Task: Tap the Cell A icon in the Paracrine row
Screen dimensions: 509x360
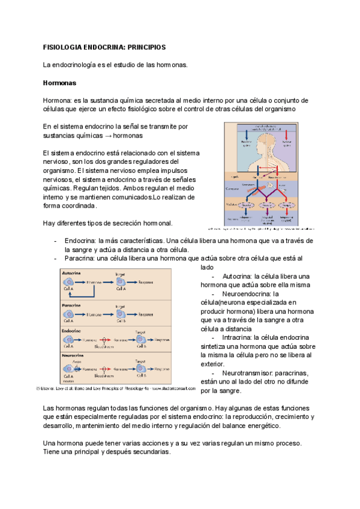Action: (x=70, y=314)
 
